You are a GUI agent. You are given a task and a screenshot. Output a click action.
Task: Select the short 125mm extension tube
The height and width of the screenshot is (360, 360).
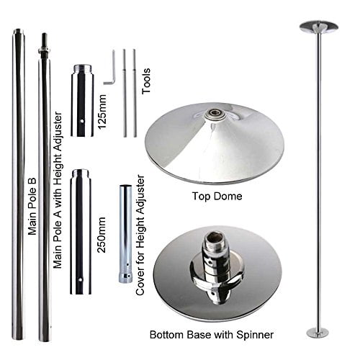click(x=81, y=100)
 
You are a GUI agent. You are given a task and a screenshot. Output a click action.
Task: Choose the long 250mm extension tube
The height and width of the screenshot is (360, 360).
click(x=81, y=231)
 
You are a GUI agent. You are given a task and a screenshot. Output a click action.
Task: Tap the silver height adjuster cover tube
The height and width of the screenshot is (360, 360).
click(x=124, y=234)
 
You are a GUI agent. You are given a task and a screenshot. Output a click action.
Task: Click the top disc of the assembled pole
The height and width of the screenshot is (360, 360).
click(x=318, y=27)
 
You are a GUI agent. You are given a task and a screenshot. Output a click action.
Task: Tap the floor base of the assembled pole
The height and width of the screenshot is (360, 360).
click(x=318, y=332)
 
